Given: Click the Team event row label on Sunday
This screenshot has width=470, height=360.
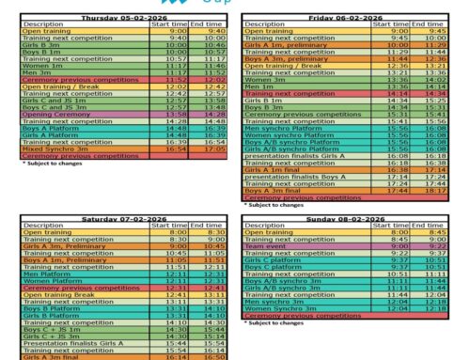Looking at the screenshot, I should click(263, 246).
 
